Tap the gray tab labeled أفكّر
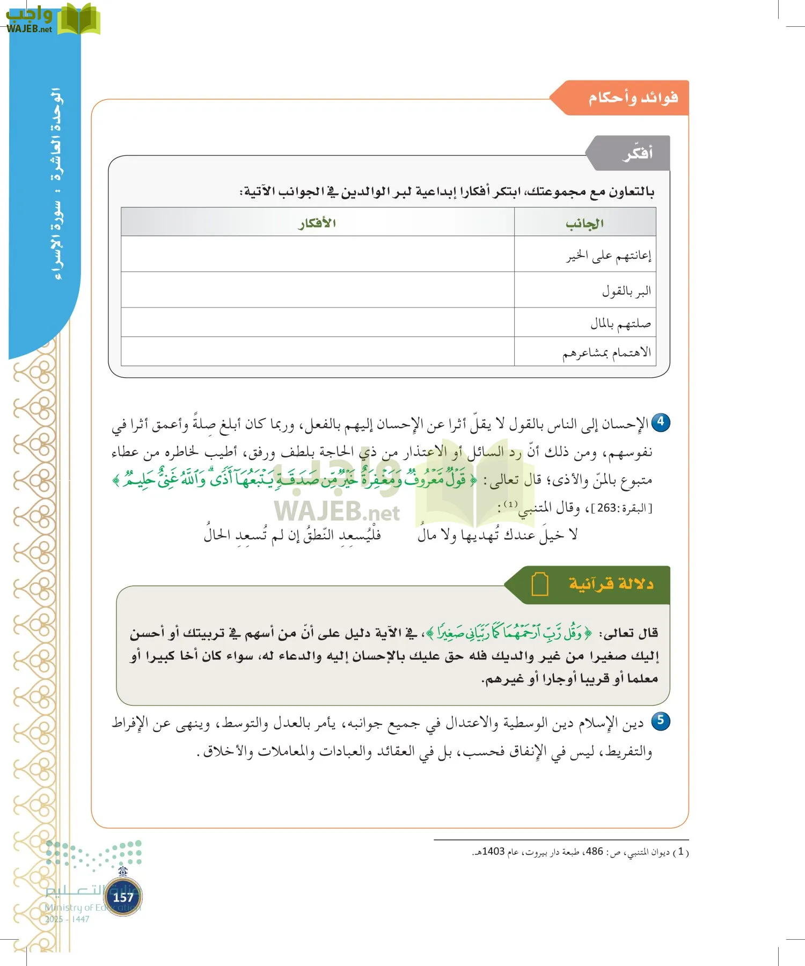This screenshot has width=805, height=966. (x=638, y=153)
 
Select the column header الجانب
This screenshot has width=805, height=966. (x=584, y=223)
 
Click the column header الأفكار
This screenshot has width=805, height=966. (x=317, y=223)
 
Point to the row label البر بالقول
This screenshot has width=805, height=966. (x=626, y=291)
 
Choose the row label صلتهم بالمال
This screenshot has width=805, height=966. (x=620, y=323)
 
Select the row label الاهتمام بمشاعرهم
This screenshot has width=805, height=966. (x=606, y=352)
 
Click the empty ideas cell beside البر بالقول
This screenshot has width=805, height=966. (x=317, y=290)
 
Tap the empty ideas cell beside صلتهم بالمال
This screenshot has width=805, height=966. (x=317, y=323)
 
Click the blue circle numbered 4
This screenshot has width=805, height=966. (x=661, y=422)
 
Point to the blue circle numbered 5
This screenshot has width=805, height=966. (x=661, y=721)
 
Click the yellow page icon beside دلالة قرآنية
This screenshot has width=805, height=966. (x=539, y=584)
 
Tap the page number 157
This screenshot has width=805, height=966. (x=123, y=897)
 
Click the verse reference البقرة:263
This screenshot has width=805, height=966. (x=621, y=508)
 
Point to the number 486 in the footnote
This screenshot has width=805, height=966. (x=594, y=852)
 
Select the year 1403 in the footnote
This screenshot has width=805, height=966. (x=493, y=852)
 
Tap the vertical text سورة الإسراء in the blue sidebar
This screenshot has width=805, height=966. (x=57, y=239)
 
